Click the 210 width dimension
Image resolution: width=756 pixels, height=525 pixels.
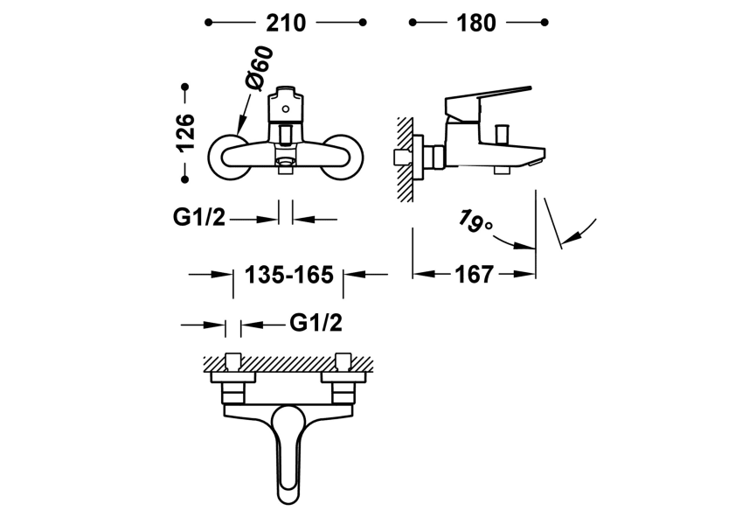(287, 23)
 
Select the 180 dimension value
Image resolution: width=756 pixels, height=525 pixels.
(476, 23)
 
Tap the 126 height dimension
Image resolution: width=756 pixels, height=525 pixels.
(185, 133)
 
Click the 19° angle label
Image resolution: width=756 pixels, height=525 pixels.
(475, 222)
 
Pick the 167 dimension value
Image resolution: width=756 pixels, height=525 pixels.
(474, 275)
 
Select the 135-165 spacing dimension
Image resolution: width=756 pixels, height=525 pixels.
(289, 275)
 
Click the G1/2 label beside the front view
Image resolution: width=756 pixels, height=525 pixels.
(199, 218)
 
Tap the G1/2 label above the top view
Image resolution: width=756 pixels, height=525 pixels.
(316, 324)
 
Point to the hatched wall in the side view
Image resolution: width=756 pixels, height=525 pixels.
(405, 157)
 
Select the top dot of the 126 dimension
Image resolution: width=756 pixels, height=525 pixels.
(185, 87)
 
